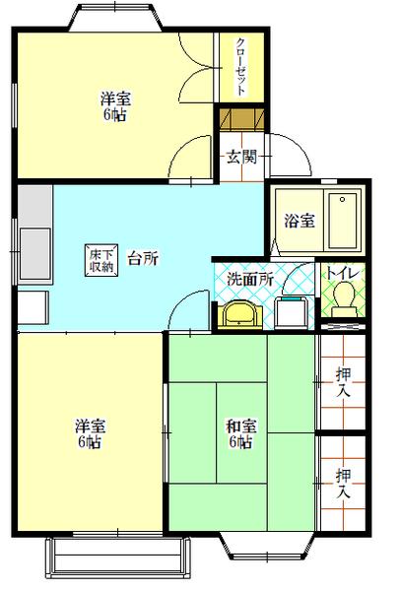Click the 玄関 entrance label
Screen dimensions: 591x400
pyautogui.click(x=240, y=156)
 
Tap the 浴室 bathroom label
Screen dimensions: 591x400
pyautogui.click(x=299, y=220)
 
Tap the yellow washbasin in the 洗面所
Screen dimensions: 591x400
pyautogui.click(x=239, y=313)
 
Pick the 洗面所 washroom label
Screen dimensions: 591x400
pyautogui.click(x=249, y=279)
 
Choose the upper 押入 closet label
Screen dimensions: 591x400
pyautogui.click(x=342, y=381)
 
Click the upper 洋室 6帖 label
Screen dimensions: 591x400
pyautogui.click(x=116, y=105)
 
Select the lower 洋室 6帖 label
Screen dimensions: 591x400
pyautogui.click(x=90, y=433)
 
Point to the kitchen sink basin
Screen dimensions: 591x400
pyautogui.click(x=33, y=245)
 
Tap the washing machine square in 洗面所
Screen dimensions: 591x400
pyautogui.click(x=290, y=312)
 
